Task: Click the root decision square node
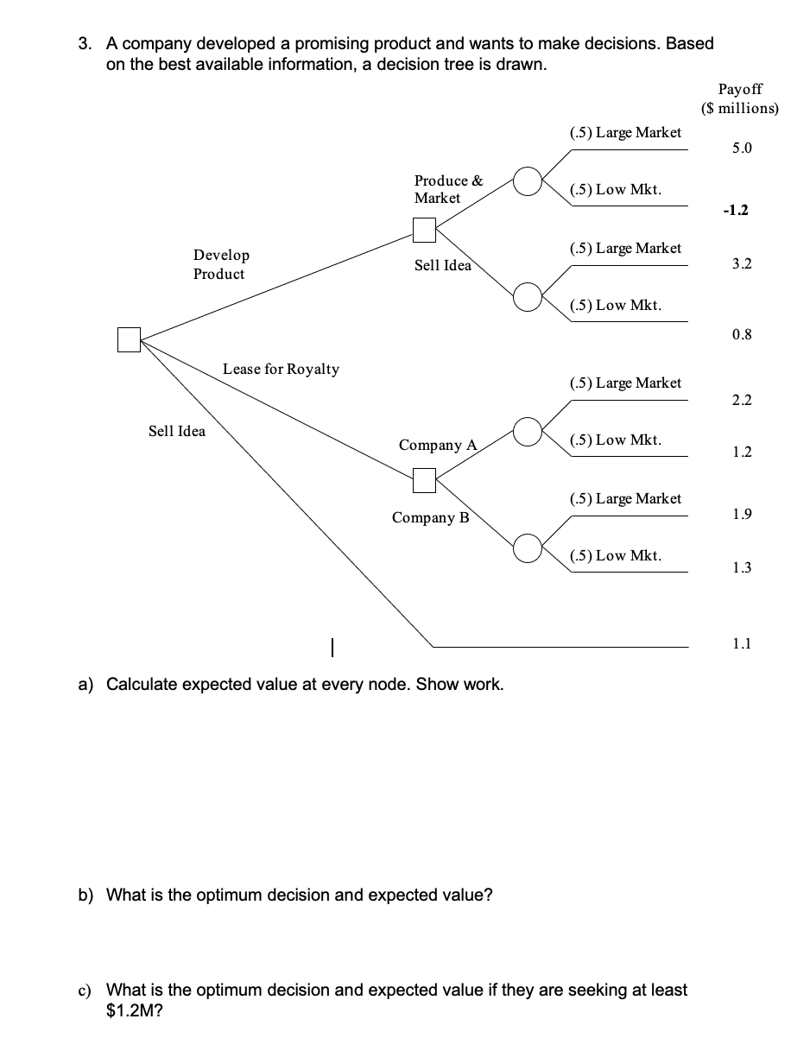coord(129,340)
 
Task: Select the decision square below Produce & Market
coord(424,230)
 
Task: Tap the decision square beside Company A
coord(424,480)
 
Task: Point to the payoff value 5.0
coord(741,148)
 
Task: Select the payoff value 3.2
coord(741,263)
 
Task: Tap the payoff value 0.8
coord(741,334)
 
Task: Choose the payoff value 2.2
coord(741,399)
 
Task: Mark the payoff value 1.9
coord(741,515)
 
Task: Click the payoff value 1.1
coord(741,642)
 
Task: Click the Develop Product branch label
coord(221,264)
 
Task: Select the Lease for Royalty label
coord(281,369)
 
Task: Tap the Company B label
coord(430,517)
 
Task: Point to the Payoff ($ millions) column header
coord(740,98)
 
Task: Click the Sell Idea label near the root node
coord(177,431)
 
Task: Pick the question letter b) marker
coord(86,895)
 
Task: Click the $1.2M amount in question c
coord(128,1010)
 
